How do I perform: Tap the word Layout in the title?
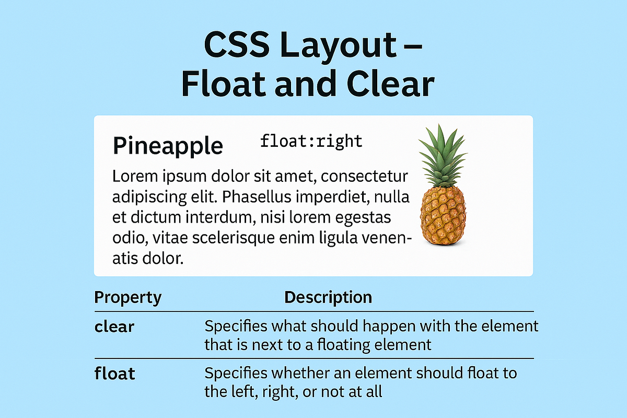pyautogui.click(x=332, y=46)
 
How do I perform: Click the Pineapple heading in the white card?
pyautogui.click(x=168, y=146)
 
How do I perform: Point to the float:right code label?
pyautogui.click(x=311, y=141)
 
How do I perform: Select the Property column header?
pyautogui.click(x=127, y=298)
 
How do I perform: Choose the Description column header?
pyautogui.click(x=328, y=298)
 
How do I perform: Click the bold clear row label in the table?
pyautogui.click(x=114, y=327)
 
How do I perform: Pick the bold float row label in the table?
pyautogui.click(x=115, y=374)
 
